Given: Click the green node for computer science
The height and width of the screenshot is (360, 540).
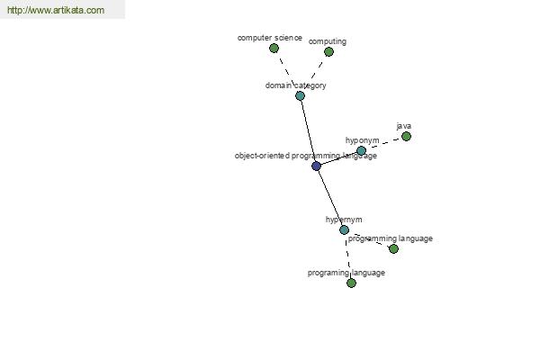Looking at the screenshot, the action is coord(274,49).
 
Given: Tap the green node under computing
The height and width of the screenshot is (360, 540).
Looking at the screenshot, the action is coord(328,52).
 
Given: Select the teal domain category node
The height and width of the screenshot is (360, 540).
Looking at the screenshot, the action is coord(300,95).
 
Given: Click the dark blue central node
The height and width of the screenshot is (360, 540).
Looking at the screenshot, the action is coord(316,166).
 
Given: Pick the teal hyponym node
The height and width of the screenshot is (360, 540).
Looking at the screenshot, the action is coord(361,150).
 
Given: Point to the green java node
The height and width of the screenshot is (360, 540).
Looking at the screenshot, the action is coord(407,137).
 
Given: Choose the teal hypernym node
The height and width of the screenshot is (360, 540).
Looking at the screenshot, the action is coord(344,229).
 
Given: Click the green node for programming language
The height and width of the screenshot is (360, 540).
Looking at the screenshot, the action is coord(393,248).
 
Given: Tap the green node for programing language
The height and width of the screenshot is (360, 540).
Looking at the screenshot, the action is coord(351,283).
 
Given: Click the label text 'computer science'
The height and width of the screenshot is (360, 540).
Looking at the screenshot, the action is coord(270,38).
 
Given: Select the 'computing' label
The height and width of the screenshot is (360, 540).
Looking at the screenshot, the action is coord(328,41).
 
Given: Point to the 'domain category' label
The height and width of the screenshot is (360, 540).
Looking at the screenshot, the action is coord(295,85).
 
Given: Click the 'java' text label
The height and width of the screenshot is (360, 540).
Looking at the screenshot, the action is coord(403,126).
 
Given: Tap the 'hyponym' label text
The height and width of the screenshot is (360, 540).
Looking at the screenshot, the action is coord(362,140).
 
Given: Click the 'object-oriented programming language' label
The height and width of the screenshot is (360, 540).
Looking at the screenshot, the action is coord(305,156).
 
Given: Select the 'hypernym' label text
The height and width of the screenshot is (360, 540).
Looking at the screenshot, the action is coord(344,220).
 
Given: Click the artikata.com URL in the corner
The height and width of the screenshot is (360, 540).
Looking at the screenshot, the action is coord(56,10).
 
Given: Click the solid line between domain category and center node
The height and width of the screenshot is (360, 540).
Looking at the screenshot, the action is coord(308,130).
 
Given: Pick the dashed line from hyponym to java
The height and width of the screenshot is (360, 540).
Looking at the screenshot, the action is coord(383,144).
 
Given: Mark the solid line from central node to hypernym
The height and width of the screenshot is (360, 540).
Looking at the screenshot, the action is coord(330,198).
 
